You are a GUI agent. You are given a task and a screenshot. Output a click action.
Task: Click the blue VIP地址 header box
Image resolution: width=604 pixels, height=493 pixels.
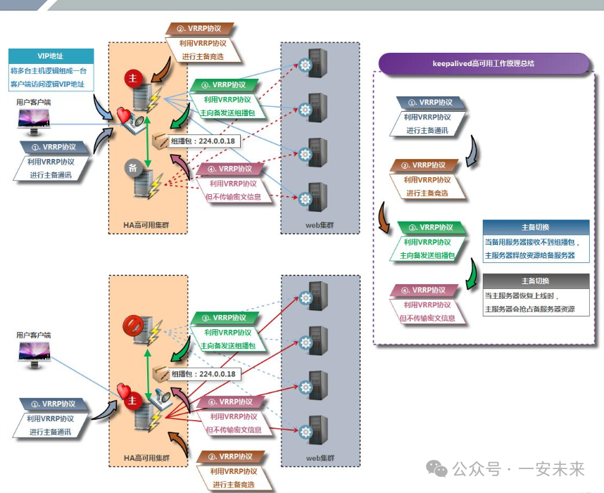pyautogui.click(x=51, y=56)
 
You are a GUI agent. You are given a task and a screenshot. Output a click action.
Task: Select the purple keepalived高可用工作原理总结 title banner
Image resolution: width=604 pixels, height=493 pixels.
pyautogui.click(x=484, y=63)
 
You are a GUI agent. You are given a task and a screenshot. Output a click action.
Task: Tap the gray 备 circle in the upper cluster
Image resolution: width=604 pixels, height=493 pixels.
pyautogui.click(x=132, y=167)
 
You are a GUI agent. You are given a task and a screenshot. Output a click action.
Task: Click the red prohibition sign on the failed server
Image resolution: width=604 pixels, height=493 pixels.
pyautogui.click(x=133, y=325)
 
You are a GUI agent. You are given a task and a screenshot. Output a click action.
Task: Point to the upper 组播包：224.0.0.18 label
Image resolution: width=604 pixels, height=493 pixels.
pyautogui.click(x=203, y=141)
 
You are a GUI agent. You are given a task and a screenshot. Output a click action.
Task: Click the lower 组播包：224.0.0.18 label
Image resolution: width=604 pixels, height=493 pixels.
pyautogui.click(x=203, y=373)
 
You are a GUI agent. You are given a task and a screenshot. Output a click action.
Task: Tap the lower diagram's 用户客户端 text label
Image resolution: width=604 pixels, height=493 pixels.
pyautogui.click(x=33, y=335)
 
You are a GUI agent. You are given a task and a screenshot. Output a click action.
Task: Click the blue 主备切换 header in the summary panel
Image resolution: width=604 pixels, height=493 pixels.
pyautogui.click(x=536, y=227)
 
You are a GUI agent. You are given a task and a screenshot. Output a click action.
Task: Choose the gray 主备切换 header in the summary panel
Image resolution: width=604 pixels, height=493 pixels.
pyautogui.click(x=536, y=281)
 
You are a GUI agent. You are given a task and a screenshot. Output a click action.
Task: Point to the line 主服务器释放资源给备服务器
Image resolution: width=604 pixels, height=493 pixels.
pyautogui.click(x=529, y=255)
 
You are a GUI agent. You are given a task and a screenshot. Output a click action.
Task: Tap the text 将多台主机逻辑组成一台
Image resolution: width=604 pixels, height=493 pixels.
pyautogui.click(x=51, y=71)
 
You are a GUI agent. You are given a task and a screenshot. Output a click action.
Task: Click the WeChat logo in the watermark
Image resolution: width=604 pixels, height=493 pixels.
pyautogui.click(x=439, y=469)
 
